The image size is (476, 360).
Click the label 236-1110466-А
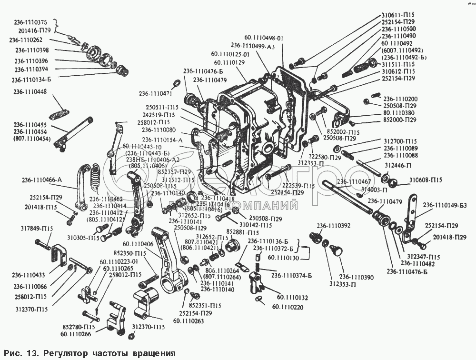42,180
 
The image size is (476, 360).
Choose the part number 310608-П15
426,180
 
